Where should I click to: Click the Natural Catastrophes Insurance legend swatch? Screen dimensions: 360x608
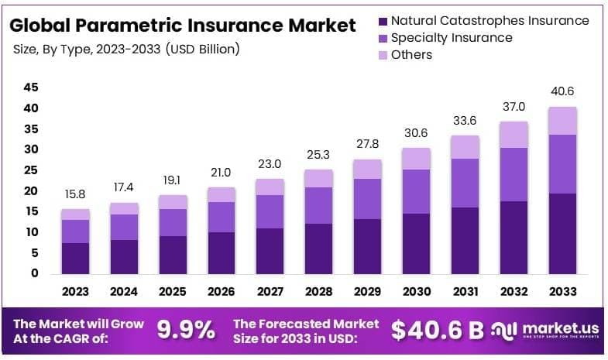click(x=382, y=21)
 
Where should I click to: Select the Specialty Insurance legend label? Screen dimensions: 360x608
click(x=452, y=37)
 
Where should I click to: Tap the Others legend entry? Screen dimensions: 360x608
click(x=411, y=54)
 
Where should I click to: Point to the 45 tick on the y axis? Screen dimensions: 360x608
click(x=30, y=87)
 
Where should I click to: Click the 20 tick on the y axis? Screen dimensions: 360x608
click(x=30, y=190)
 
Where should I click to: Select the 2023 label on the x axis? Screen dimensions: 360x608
click(x=76, y=292)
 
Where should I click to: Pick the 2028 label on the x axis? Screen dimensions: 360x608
click(x=318, y=292)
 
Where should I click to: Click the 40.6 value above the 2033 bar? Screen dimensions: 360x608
click(x=562, y=91)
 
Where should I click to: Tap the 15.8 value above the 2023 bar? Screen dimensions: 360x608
click(x=76, y=194)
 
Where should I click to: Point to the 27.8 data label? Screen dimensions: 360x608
click(x=367, y=144)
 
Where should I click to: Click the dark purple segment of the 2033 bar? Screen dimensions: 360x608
click(x=562, y=233)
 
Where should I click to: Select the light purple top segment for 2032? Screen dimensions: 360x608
click(x=513, y=135)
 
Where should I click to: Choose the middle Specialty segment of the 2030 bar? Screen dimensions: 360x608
click(x=416, y=191)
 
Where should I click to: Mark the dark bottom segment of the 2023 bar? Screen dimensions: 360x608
click(x=76, y=258)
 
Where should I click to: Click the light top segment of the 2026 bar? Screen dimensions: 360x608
click(x=222, y=194)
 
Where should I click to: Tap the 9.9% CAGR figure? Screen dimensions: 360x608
click(x=186, y=331)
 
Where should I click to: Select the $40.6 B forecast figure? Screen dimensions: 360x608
click(x=438, y=331)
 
